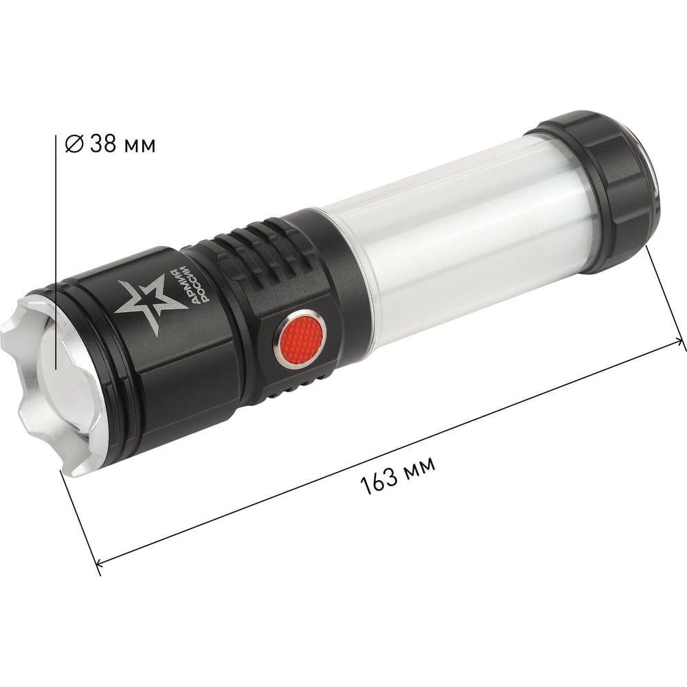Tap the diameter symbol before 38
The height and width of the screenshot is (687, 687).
[x=74, y=144]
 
